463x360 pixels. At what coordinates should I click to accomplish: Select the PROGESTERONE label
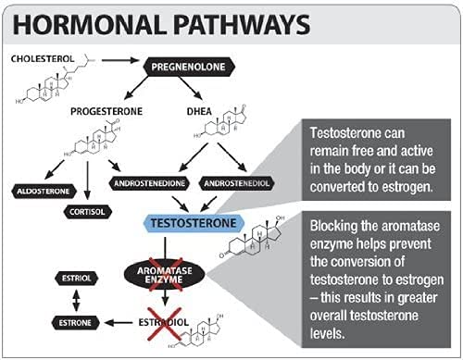pos(105,111)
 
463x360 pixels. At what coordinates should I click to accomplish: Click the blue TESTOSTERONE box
pos(189,223)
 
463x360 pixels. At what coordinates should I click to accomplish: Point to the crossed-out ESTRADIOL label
pos(168,323)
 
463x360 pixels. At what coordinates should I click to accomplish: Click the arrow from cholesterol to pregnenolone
pos(121,60)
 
